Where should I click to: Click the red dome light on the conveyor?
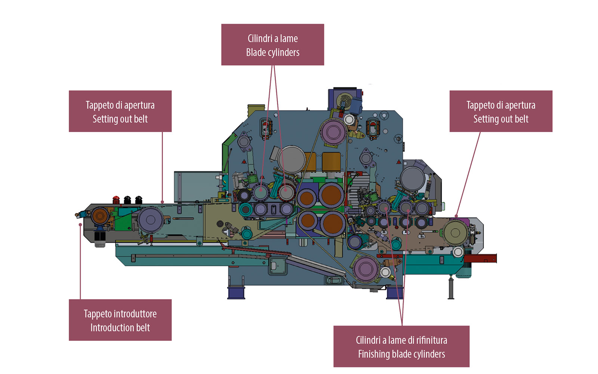click(116, 200)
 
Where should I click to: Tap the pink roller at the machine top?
click(333, 132)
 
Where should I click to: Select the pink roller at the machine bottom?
click(366, 269)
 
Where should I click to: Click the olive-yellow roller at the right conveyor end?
click(455, 232)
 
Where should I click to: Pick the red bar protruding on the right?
click(480, 258)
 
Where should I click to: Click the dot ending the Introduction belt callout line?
click(80, 225)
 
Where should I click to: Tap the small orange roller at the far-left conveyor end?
click(100, 216)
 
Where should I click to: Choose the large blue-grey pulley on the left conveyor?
click(151, 220)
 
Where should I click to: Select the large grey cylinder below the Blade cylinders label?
click(292, 159)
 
